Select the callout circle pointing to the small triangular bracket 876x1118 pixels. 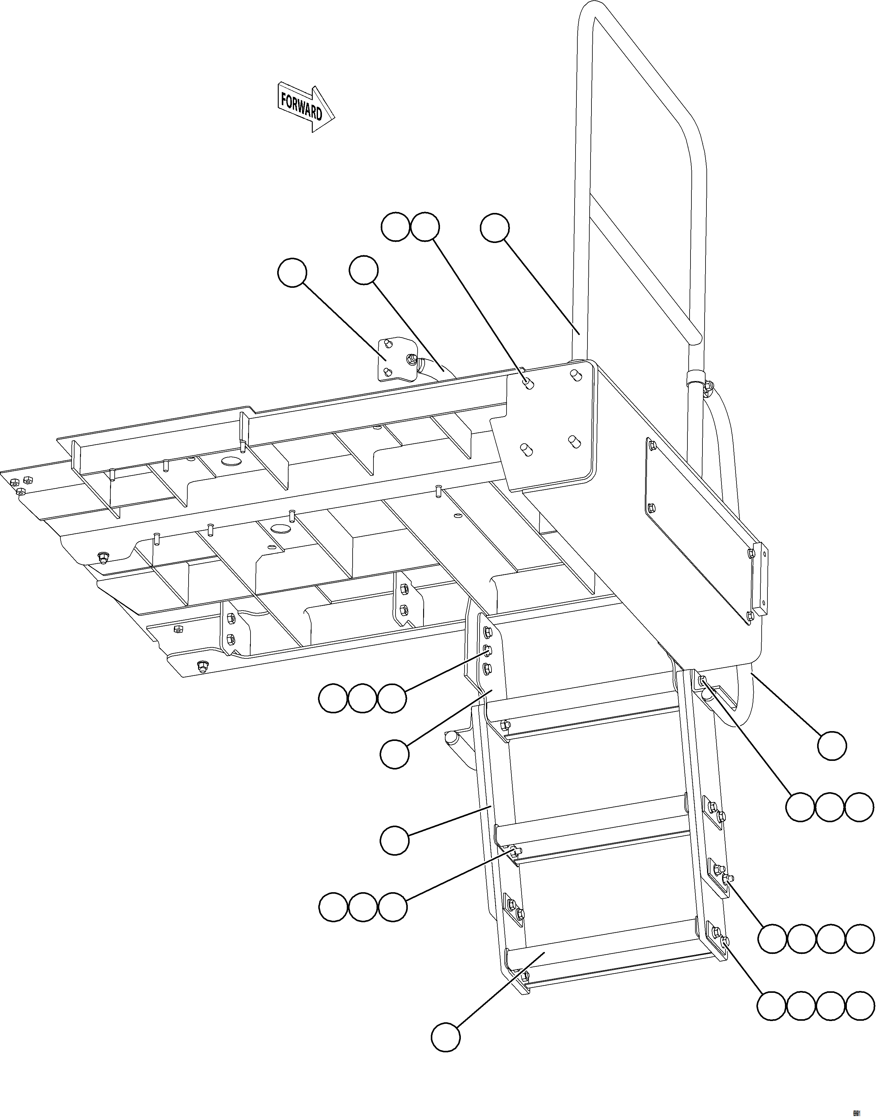[x=292, y=273]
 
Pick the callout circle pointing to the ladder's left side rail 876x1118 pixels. [x=394, y=840]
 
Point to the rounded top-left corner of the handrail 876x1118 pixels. [x=587, y=13]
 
